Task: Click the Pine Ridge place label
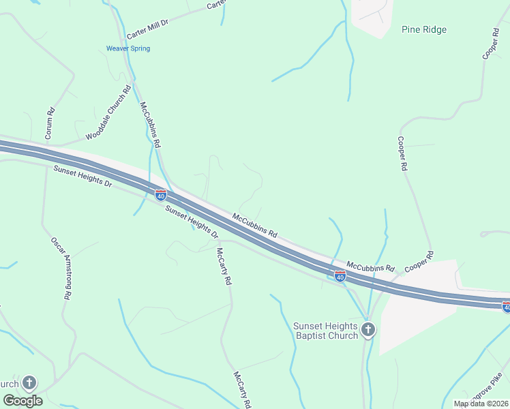pyautogui.click(x=424, y=29)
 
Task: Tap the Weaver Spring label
pyautogui.click(x=127, y=48)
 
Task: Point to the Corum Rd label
pyautogui.click(x=49, y=124)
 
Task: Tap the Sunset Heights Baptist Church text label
pyautogui.click(x=325, y=331)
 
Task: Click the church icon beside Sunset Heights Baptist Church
pyautogui.click(x=368, y=331)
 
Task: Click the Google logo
pyautogui.click(x=22, y=400)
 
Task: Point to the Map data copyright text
pyautogui.click(x=481, y=404)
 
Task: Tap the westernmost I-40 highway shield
pyautogui.click(x=161, y=196)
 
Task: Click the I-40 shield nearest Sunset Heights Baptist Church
pyautogui.click(x=340, y=276)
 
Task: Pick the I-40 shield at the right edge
pyautogui.click(x=505, y=307)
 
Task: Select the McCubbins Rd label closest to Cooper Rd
pyautogui.click(x=370, y=267)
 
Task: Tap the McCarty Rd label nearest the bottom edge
pyautogui.click(x=243, y=390)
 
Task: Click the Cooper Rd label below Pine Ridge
pyautogui.click(x=403, y=153)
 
